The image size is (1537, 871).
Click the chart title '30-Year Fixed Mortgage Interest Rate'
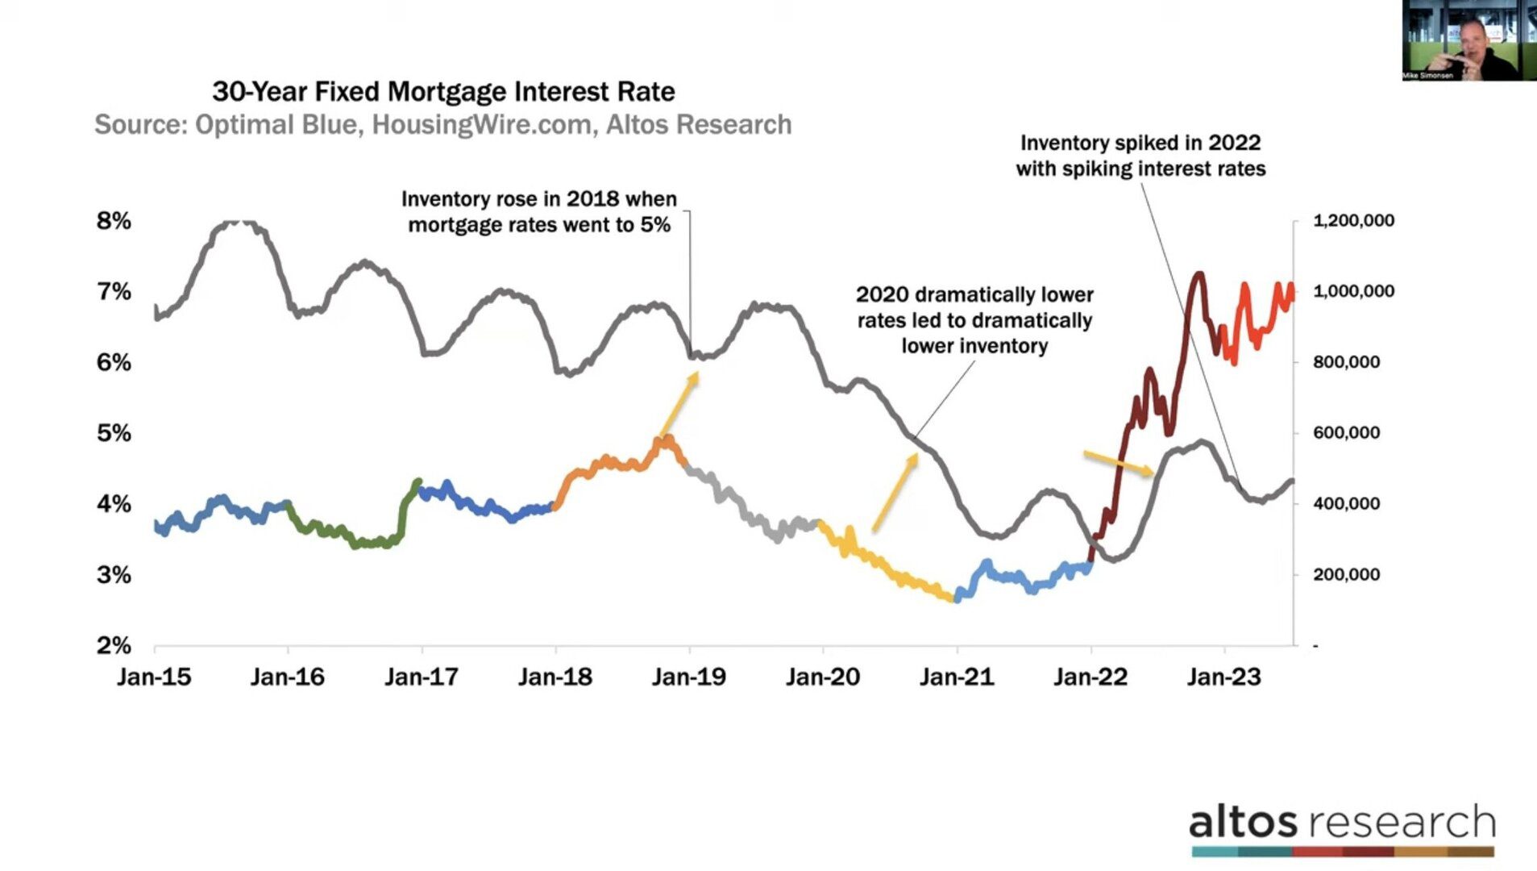[443, 92]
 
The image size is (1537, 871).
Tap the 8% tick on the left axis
[114, 221]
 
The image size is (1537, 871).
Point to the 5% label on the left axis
[114, 433]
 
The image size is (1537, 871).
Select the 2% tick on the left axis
[114, 645]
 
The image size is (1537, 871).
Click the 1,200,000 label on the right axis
[1353, 221]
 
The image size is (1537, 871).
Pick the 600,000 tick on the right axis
[1346, 433]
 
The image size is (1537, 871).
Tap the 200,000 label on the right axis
[1346, 575]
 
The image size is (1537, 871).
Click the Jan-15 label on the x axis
[154, 677]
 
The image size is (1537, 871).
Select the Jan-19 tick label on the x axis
[689, 677]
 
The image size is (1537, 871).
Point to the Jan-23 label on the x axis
[1223, 677]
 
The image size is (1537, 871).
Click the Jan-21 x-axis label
[957, 677]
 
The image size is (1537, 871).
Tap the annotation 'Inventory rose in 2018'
[538, 211]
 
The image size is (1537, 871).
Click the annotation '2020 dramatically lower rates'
[974, 320]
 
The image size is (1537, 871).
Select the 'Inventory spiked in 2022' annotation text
[1140, 156]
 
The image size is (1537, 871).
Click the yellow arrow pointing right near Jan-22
[1119, 463]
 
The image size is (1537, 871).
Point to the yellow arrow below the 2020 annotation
[895, 492]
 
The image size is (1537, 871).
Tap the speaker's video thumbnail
[1468, 40]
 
